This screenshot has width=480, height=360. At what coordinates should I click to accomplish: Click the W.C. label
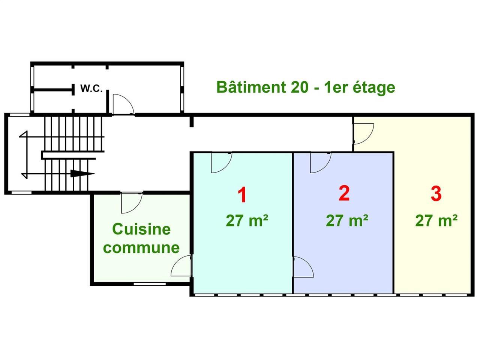pyautogui.click(x=91, y=88)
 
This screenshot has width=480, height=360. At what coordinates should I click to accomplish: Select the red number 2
pyautogui.click(x=344, y=193)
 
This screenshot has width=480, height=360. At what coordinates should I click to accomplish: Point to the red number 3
pyautogui.click(x=436, y=193)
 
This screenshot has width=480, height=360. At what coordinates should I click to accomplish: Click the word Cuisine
pyautogui.click(x=141, y=229)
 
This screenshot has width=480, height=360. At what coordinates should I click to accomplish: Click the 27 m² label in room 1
pyautogui.click(x=247, y=221)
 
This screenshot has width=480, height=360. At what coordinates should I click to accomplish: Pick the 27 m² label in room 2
pyautogui.click(x=347, y=221)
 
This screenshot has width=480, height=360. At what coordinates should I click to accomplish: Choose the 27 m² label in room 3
pyautogui.click(x=436, y=221)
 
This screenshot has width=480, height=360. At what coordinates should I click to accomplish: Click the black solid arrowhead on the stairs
pyautogui.click(x=82, y=174)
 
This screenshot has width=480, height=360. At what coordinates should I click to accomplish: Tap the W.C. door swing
pyautogui.click(x=123, y=104)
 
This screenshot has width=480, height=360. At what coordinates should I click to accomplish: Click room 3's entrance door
pyautogui.click(x=363, y=134)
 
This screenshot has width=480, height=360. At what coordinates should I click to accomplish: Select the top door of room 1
pyautogui.click(x=221, y=162)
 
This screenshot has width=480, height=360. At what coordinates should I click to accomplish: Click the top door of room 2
pyautogui.click(x=321, y=162)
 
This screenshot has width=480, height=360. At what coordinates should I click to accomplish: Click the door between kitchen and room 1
pyautogui.click(x=181, y=265)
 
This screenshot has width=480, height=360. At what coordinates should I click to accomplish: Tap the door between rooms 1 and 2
pyautogui.click(x=303, y=267)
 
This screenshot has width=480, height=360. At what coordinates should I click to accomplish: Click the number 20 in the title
pyautogui.click(x=300, y=87)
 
